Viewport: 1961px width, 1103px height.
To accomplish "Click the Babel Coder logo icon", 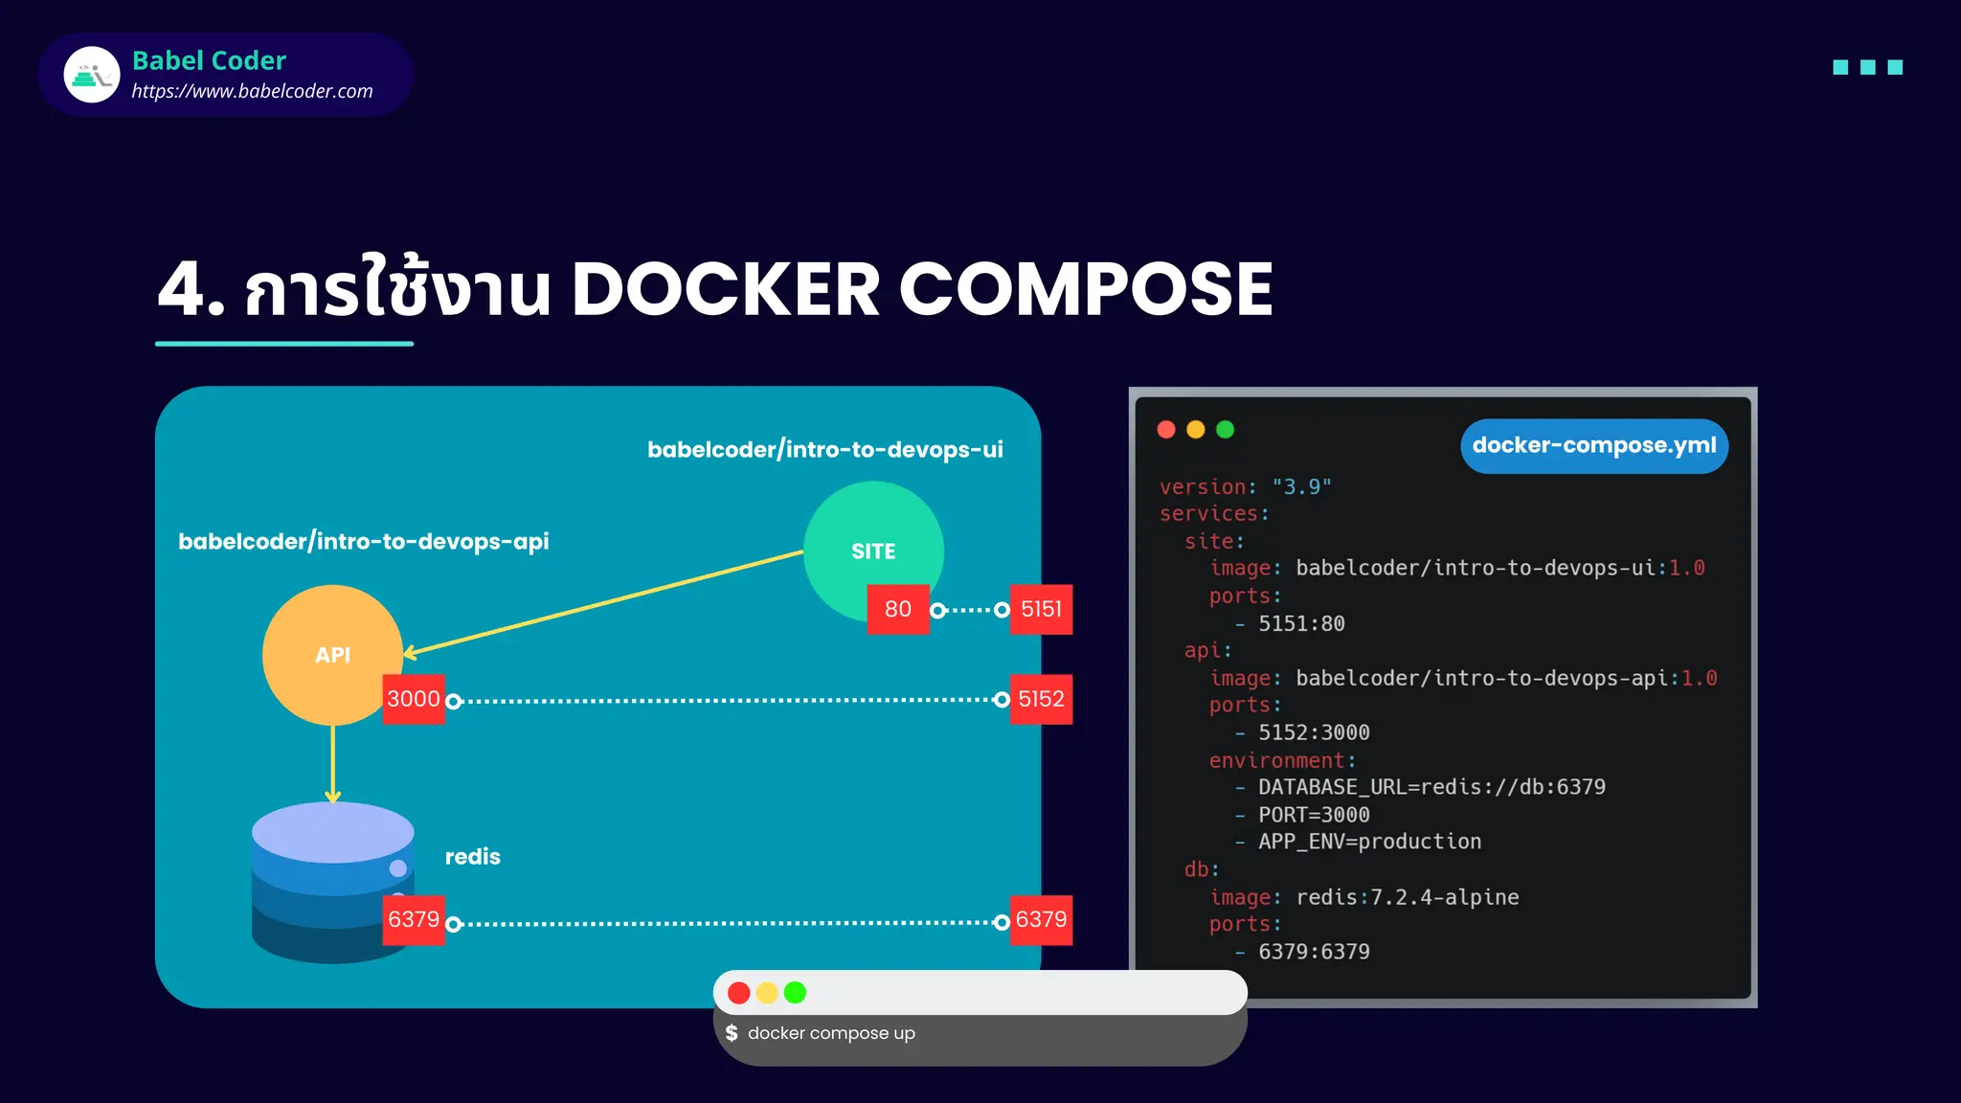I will tap(92, 75).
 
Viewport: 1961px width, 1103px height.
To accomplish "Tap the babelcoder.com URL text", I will tap(252, 91).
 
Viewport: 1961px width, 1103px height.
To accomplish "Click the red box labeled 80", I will tap(897, 609).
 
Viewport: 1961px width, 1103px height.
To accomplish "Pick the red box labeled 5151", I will tap(1041, 609).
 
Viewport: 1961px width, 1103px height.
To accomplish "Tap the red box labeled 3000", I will tap(413, 699).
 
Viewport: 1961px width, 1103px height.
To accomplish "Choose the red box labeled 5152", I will tap(1041, 699).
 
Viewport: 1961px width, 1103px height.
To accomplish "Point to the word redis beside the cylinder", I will tap(472, 857).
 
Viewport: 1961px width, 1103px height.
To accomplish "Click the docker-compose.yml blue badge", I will tap(1593, 445).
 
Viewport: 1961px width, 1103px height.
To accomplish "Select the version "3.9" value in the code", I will tap(1301, 486).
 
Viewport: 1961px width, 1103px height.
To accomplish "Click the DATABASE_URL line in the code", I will tap(1431, 787).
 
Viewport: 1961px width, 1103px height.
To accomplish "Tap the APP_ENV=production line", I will tap(1368, 842).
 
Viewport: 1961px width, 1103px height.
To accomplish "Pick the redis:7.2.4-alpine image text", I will tap(1407, 897).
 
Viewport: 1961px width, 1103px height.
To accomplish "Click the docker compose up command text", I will tap(830, 1033).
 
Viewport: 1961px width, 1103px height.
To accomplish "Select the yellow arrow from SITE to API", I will tap(603, 603).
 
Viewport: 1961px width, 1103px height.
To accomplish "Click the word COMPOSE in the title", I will tap(1085, 289).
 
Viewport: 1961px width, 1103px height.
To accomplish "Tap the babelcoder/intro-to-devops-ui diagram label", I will tap(824, 449).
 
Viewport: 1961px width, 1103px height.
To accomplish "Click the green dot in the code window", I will tap(1225, 429).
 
